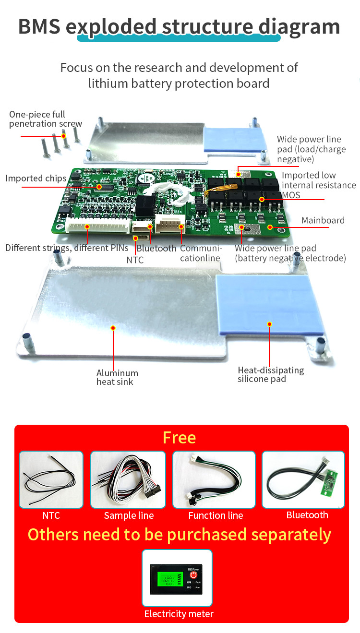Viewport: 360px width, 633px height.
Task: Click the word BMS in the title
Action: (39, 26)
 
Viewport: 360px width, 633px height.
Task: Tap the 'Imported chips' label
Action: (36, 179)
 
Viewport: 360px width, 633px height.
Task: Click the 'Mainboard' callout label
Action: (323, 220)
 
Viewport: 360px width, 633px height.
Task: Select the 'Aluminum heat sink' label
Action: (117, 377)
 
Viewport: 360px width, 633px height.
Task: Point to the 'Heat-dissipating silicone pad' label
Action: (271, 374)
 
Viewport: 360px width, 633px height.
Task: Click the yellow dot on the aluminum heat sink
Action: (113, 328)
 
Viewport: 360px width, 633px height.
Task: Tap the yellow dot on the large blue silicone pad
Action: (270, 324)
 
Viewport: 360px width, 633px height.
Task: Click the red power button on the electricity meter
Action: (193, 575)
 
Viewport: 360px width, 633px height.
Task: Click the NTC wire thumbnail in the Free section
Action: (51, 479)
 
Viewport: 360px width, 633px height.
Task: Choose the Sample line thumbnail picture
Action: (128, 479)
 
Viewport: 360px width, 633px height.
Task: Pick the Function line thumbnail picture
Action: (214, 479)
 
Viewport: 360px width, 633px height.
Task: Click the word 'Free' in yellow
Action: (179, 438)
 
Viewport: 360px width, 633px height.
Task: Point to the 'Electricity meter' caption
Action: (179, 614)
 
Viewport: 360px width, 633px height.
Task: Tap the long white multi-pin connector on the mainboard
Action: (98, 226)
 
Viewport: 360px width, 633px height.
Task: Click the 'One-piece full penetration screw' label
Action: (46, 119)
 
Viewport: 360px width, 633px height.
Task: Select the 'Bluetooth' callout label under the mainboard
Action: (156, 249)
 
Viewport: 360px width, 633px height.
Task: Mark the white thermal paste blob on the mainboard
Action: (168, 193)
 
